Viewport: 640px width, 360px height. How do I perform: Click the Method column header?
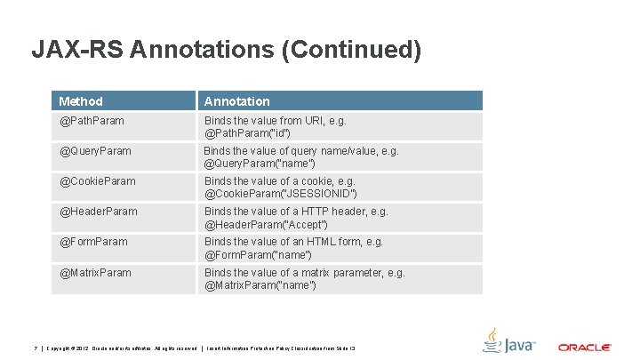[81, 101]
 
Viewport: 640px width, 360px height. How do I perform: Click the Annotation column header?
[237, 101]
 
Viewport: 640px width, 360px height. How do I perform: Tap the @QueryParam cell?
[95, 151]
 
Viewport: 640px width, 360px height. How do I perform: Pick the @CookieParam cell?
[98, 181]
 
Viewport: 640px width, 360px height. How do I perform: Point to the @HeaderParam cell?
[99, 212]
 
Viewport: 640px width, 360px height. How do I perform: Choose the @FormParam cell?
[93, 242]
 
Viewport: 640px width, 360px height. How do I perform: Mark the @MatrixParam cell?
[95, 272]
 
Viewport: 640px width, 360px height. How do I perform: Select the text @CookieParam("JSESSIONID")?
[281, 194]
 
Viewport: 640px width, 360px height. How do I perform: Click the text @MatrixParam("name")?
[261, 285]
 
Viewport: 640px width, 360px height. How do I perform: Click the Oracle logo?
[584, 347]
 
